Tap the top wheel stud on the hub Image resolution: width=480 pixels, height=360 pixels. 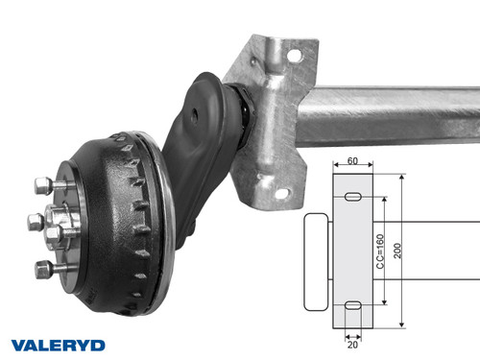click(x=43, y=184)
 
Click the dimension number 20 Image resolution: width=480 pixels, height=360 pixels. click(x=352, y=343)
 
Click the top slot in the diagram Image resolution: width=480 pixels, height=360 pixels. click(x=352, y=197)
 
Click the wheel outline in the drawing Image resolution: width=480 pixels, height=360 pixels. click(x=316, y=261)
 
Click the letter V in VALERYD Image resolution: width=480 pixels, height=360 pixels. click(x=19, y=344)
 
